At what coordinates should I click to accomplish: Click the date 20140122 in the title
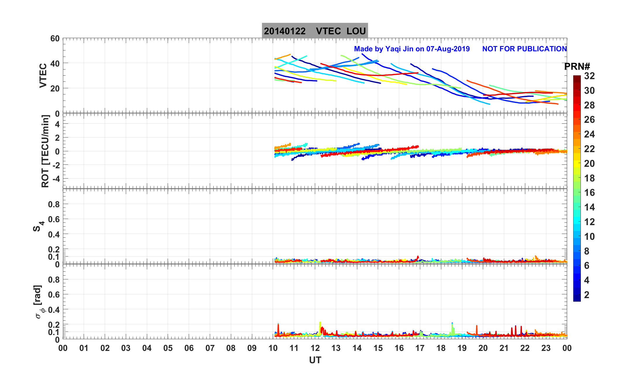pyautogui.click(x=284, y=31)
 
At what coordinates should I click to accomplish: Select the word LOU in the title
pyautogui.click(x=356, y=31)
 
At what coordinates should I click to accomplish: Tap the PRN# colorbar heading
pyautogui.click(x=577, y=67)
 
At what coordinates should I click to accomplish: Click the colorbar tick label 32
pyautogui.click(x=589, y=76)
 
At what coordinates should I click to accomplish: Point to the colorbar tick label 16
pyautogui.click(x=589, y=193)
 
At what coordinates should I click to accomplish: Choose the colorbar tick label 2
pyautogui.click(x=587, y=295)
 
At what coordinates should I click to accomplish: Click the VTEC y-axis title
pyautogui.click(x=43, y=75)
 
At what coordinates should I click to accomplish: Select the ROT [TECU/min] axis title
pyautogui.click(x=45, y=151)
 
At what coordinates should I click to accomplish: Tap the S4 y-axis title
pyautogui.click(x=38, y=226)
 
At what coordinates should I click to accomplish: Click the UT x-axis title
pyautogui.click(x=315, y=360)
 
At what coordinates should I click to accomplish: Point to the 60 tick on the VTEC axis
pyautogui.click(x=55, y=39)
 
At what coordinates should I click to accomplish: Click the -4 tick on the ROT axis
pyautogui.click(x=55, y=179)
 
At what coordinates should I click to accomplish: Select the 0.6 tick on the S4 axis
pyautogui.click(x=54, y=219)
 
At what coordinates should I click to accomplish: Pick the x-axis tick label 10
pyautogui.click(x=273, y=348)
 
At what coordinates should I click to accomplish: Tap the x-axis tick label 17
pyautogui.click(x=420, y=348)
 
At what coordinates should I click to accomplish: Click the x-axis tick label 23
pyautogui.click(x=546, y=348)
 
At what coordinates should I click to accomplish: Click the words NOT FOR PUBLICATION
pyautogui.click(x=524, y=49)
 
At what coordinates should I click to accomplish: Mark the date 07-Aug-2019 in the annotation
pyautogui.click(x=448, y=49)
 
